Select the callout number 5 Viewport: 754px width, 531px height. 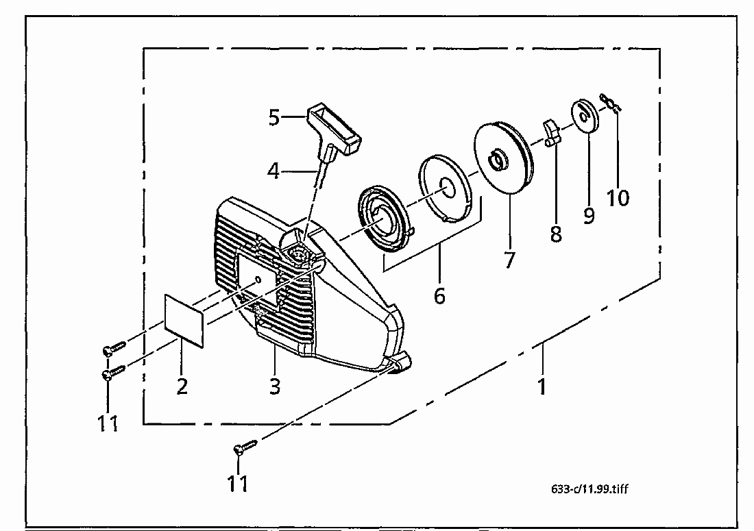(x=274, y=117)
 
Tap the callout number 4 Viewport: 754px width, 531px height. (x=273, y=171)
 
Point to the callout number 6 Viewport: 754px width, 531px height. (x=439, y=295)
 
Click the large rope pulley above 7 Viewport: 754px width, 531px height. (x=504, y=158)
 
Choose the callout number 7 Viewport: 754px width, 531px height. (x=509, y=260)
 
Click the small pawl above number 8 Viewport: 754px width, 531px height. (x=552, y=134)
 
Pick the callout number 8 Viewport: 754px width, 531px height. (x=556, y=234)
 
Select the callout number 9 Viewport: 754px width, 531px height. (x=589, y=215)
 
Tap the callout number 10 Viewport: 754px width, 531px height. (x=618, y=197)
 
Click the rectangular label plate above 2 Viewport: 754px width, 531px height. (x=184, y=320)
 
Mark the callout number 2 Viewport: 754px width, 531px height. (x=182, y=386)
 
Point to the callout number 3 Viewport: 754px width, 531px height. (x=275, y=386)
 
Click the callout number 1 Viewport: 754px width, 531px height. (x=542, y=386)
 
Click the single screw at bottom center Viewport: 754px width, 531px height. (x=245, y=447)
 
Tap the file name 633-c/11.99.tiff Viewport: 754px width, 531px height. (x=589, y=489)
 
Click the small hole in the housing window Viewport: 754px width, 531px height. (x=258, y=279)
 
